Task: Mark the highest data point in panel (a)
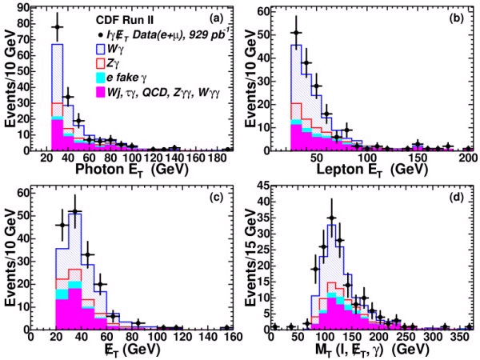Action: [57, 26]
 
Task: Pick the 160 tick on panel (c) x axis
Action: [226, 337]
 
